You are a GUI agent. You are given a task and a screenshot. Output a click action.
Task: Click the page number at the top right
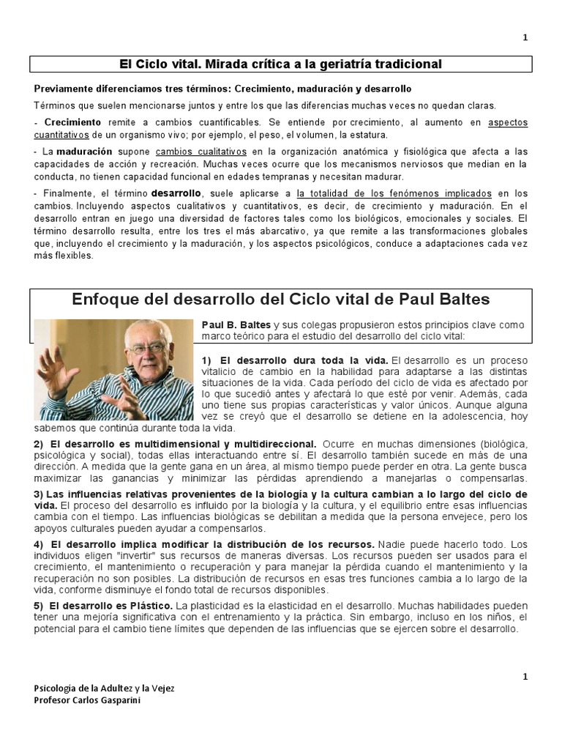pyautogui.click(x=525, y=38)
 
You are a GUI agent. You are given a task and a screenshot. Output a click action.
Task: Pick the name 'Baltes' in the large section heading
pyautogui.click(x=453, y=300)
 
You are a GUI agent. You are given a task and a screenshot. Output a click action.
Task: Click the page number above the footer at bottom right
pyautogui.click(x=525, y=677)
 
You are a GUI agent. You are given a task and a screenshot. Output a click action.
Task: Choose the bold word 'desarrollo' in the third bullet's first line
pyautogui.click(x=176, y=193)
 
